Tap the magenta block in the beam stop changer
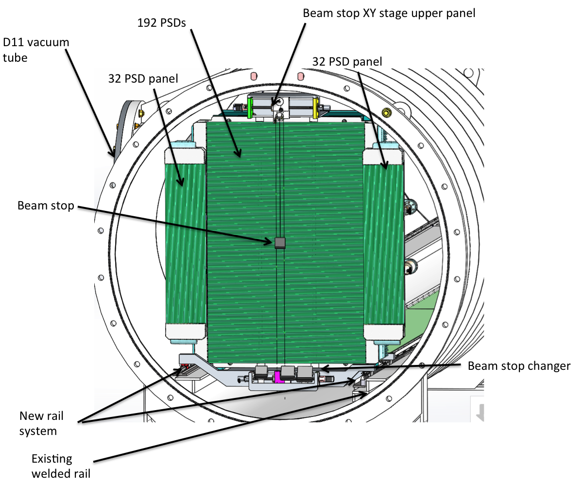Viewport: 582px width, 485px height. (x=278, y=377)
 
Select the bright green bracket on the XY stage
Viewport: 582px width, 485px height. (x=250, y=107)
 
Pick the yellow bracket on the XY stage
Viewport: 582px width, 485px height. (x=316, y=107)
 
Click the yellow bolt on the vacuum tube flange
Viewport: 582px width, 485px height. (x=386, y=113)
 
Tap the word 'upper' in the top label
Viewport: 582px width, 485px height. (x=423, y=13)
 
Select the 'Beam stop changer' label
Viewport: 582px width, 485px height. (x=519, y=366)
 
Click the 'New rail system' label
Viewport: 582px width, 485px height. (x=41, y=423)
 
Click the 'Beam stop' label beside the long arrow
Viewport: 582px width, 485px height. (x=46, y=206)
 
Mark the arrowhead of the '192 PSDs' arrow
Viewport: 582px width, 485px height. (x=240, y=156)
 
